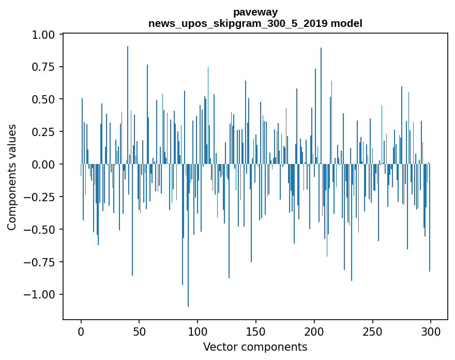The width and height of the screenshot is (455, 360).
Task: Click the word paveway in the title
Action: pos(255,12)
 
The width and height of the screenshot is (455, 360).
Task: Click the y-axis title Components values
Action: pos(12,177)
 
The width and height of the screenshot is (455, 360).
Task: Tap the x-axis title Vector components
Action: pos(255,347)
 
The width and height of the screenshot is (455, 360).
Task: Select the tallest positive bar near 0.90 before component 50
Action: pos(128,103)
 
